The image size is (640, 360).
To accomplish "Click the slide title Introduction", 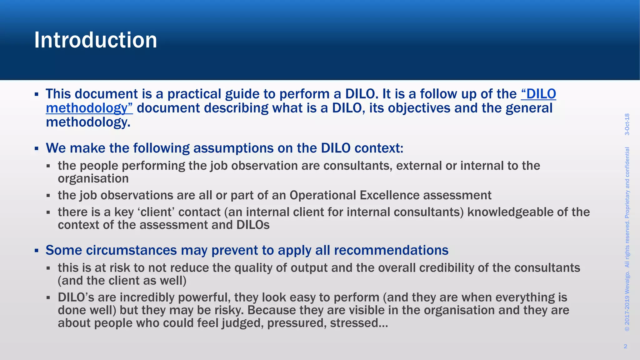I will tap(96, 40).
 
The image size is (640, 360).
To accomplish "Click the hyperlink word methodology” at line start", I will tap(89, 108).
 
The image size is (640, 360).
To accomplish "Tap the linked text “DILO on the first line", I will tap(539, 94).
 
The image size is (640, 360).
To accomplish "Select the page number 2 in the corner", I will tap(625, 346).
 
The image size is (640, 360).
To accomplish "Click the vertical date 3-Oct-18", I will tap(627, 124).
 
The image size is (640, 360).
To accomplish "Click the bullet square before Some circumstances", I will tap(37, 250).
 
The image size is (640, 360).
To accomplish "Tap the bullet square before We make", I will tap(37, 148).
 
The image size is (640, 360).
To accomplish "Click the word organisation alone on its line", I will tap(93, 179).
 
